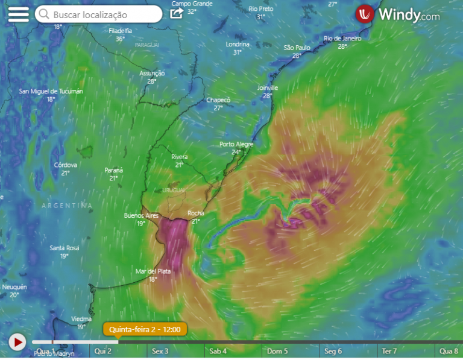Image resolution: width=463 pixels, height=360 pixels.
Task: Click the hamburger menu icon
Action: point(18,14)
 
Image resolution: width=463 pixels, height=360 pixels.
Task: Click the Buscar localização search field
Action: point(98,14)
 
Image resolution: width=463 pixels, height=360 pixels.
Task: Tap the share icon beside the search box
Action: point(176,13)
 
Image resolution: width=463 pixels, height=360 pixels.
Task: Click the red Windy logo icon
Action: point(365,14)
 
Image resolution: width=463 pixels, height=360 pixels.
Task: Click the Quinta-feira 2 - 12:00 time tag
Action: point(145,329)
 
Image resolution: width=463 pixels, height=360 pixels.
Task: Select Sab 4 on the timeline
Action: point(218,351)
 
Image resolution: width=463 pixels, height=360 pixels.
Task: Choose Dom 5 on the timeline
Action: point(277,351)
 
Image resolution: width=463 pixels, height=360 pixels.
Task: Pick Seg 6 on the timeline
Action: point(333,351)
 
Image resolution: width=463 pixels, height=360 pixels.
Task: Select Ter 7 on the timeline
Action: point(389,351)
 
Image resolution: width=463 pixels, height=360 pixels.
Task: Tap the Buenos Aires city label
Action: point(140,215)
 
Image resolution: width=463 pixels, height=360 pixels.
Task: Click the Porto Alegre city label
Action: point(236,144)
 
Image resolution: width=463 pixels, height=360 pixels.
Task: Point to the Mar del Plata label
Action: point(153,271)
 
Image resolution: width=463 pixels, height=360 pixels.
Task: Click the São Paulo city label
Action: point(297,48)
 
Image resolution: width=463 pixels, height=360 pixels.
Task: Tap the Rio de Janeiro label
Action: point(342,39)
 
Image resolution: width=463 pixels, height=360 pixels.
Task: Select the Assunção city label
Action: point(152,74)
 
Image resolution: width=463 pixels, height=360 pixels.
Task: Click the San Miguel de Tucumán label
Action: point(51,92)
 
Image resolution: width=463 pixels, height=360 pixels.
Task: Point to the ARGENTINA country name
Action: point(67,206)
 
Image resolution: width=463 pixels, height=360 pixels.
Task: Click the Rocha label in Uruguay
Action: point(195,213)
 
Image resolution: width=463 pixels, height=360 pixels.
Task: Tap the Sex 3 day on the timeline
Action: point(160,351)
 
